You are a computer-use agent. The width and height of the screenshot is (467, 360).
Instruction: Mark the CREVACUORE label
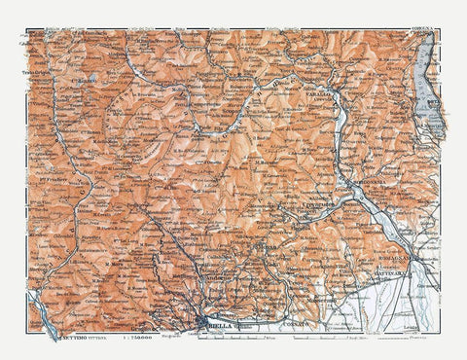pyautogui.click(x=317, y=206)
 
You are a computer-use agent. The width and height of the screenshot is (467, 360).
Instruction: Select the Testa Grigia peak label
pyautogui.click(x=34, y=76)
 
